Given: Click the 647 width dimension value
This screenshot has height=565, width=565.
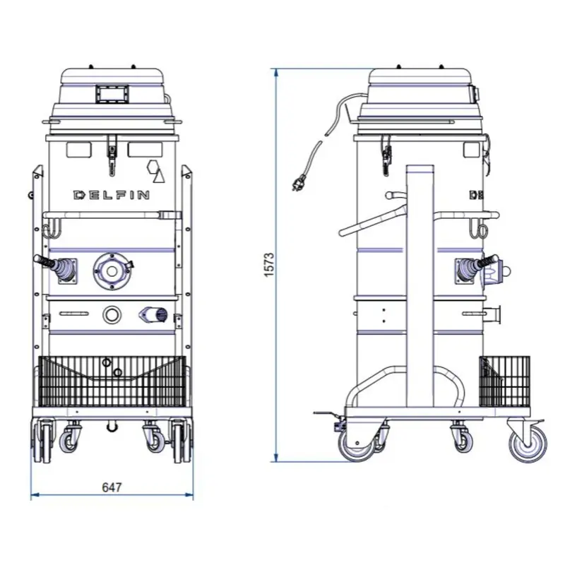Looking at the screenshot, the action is [x=112, y=487].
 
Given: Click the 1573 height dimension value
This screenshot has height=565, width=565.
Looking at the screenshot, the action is [x=270, y=265].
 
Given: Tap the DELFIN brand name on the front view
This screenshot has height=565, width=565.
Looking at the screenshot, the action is [x=112, y=195].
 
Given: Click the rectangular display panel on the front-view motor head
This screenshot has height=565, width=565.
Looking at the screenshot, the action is [x=112, y=94].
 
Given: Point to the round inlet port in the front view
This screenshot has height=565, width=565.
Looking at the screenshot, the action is [x=112, y=270].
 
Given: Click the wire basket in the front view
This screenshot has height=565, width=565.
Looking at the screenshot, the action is [x=112, y=381].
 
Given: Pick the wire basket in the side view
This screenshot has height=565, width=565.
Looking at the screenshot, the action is [x=504, y=381].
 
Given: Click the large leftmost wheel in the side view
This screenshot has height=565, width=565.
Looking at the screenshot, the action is [x=357, y=444].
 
